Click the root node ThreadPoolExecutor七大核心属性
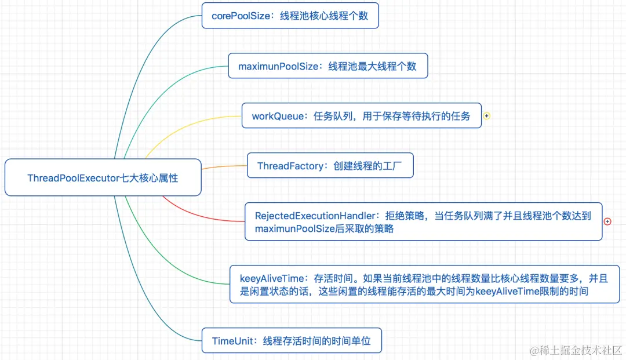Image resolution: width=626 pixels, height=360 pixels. coord(103,177)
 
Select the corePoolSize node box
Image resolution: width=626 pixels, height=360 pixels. coord(290,16)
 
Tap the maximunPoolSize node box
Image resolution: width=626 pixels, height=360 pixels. coord(327,66)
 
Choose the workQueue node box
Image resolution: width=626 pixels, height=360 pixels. coord(361,116)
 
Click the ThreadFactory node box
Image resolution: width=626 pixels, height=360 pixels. coord(330,166)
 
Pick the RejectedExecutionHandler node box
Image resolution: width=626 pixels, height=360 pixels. coord(423,221)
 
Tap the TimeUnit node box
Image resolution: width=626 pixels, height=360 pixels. coord(292,341)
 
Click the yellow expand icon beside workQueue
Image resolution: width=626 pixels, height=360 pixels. coord(487,116)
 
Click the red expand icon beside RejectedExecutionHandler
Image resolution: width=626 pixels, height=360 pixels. coord(607,221)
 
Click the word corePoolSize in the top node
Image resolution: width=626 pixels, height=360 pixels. coord(241,16)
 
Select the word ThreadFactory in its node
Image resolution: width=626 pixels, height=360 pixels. coord(290,166)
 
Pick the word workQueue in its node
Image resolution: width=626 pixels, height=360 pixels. coord(278,117)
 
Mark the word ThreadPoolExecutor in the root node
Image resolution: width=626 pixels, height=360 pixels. coord(73,178)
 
